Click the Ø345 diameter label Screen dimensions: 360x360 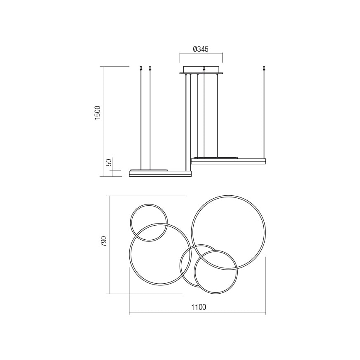point(201,49)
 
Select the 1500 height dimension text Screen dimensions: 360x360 point(97,112)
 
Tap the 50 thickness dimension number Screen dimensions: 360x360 point(109,163)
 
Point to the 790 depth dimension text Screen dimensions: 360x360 point(104,241)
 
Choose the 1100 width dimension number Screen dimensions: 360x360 point(198,307)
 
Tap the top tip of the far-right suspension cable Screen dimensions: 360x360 point(264,68)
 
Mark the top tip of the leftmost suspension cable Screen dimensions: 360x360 point(141,68)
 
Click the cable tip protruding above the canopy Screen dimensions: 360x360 point(204,68)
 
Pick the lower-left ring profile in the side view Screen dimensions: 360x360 point(160,174)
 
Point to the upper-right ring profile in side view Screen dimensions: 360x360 point(228,161)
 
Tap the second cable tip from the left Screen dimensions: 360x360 point(150,68)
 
